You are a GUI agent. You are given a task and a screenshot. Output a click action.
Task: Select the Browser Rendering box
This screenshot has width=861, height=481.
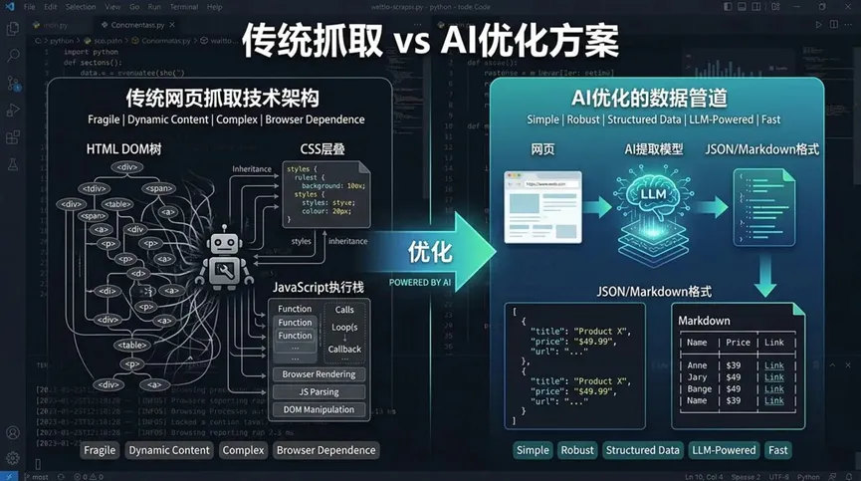coord(319,375)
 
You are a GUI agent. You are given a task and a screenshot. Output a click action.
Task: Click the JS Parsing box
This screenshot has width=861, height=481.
coord(319,392)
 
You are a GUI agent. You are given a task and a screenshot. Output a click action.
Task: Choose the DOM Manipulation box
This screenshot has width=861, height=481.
coord(319,409)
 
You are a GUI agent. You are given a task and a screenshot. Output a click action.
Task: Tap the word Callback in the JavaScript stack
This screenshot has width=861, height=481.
coord(344,349)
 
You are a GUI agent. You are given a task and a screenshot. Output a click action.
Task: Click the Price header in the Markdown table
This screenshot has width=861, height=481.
coord(738,343)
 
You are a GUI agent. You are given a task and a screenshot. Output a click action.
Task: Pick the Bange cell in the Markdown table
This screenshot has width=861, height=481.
coord(699,388)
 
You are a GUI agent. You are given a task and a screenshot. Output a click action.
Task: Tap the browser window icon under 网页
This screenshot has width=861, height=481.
coord(542,205)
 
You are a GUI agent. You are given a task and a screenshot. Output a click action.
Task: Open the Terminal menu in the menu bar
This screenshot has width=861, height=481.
coord(182,6)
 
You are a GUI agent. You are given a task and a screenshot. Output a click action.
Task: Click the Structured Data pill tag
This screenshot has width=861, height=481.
coord(642,450)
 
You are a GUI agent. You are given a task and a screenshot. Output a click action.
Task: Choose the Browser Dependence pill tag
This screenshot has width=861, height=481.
coord(325,450)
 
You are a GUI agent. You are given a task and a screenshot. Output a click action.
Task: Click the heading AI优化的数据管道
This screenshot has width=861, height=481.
coord(657,99)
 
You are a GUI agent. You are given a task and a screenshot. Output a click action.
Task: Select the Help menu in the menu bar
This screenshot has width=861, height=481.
coord(214,6)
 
